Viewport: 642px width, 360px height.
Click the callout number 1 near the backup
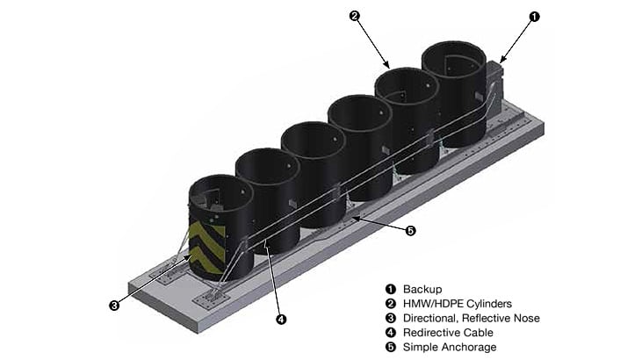click(535, 16)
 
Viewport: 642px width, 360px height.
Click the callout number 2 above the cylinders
click(355, 16)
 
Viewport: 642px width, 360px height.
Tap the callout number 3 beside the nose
click(114, 306)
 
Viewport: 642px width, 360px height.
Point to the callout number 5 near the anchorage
click(410, 230)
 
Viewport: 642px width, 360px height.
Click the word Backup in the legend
click(422, 289)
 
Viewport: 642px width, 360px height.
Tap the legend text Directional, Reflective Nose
click(472, 318)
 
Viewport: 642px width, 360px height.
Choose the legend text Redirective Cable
click(448, 333)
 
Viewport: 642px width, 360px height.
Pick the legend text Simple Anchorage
click(450, 348)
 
